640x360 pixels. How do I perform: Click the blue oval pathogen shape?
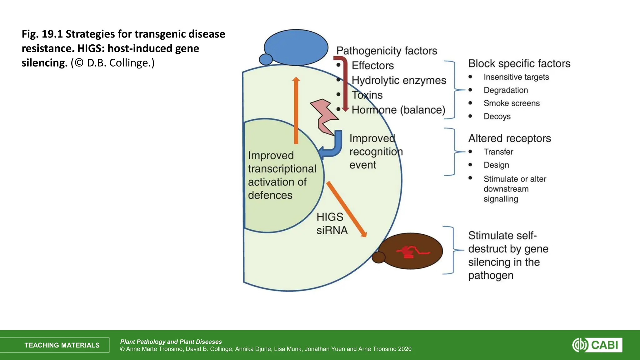[x=296, y=47]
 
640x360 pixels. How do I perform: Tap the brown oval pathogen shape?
[x=411, y=251]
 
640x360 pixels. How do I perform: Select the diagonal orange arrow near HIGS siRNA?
[x=346, y=209]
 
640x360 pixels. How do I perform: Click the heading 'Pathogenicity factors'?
[x=387, y=51]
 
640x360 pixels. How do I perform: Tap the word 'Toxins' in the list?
[x=367, y=95]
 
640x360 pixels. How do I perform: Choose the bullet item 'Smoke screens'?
[x=511, y=103]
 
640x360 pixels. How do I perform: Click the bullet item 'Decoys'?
[x=497, y=116]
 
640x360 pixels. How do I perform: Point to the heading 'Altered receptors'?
[x=509, y=138]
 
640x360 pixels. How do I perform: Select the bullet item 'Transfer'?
[x=498, y=152]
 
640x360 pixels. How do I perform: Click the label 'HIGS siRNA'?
[x=332, y=223]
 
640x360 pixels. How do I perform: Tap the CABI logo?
[x=597, y=345]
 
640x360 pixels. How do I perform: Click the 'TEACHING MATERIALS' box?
[x=62, y=345]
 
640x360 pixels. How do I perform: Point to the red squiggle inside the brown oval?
[x=412, y=252]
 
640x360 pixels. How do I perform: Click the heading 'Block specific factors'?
[x=519, y=63]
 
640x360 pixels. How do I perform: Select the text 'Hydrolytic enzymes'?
[x=399, y=80]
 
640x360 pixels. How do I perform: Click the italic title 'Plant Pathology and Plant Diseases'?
[x=171, y=342]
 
